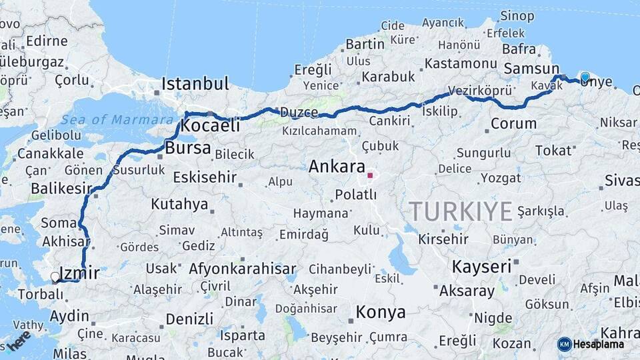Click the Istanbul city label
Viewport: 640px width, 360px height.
click(x=195, y=84)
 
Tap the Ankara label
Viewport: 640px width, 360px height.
click(x=337, y=167)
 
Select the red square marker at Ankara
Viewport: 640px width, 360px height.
click(x=370, y=175)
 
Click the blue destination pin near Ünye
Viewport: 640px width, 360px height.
click(x=585, y=77)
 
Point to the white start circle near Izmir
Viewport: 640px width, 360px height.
click(x=55, y=276)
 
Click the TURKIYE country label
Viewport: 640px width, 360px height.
click(x=461, y=211)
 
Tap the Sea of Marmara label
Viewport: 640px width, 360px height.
click(x=117, y=120)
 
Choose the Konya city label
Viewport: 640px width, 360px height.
click(x=381, y=312)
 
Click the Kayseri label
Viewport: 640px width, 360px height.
click(x=482, y=267)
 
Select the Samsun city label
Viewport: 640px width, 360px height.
click(x=531, y=69)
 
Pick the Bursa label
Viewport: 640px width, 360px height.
click(x=188, y=147)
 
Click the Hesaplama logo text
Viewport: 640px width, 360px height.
click(x=598, y=344)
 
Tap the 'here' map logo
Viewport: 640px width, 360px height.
click(x=19, y=341)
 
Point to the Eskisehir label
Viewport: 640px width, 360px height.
click(x=205, y=177)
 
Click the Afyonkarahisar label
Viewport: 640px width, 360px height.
click(x=243, y=269)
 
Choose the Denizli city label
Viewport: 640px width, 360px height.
click(x=189, y=319)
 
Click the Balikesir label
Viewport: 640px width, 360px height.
click(x=60, y=189)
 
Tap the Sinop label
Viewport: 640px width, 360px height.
click(x=517, y=15)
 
